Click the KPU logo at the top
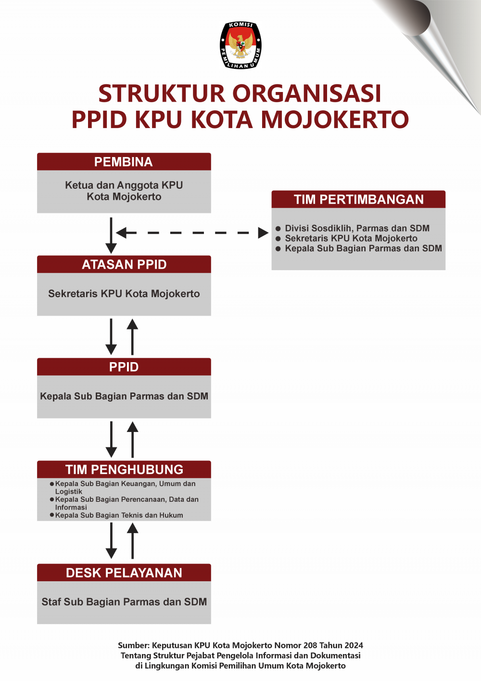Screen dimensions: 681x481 (240, 45)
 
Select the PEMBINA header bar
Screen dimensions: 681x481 (124, 162)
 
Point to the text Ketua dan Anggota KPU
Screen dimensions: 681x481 (124, 185)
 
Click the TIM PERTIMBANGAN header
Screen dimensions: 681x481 (358, 199)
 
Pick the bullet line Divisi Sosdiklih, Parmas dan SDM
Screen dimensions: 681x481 (357, 228)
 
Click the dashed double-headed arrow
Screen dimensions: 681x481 (192, 233)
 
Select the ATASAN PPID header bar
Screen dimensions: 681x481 (124, 264)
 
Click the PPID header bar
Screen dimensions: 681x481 (124, 367)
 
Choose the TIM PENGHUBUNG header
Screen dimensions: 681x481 (124, 470)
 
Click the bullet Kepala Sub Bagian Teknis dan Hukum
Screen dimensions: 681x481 (119, 515)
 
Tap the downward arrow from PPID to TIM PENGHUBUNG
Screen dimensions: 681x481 (111, 439)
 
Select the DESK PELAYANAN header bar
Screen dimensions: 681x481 (124, 573)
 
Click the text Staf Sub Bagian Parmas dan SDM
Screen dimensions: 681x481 (124, 602)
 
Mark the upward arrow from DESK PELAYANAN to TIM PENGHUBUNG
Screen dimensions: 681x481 (132, 541)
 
